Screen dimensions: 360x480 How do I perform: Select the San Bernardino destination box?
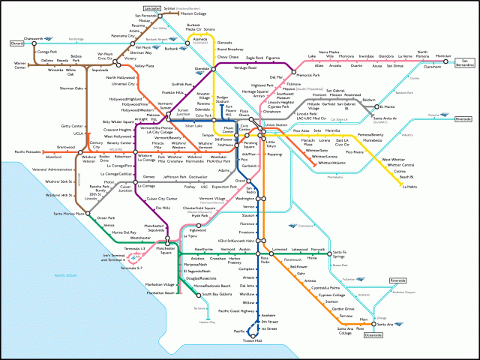point(465,61)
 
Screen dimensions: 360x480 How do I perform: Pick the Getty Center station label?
point(72,126)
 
